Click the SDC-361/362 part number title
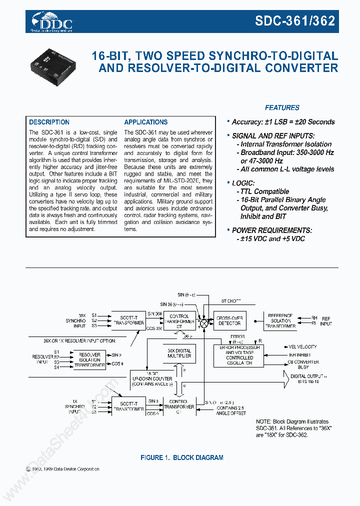(295, 20)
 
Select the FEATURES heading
(282, 107)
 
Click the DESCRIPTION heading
(49, 122)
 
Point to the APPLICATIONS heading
(145, 122)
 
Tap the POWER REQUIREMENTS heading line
(271, 230)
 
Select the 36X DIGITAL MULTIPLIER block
(179, 354)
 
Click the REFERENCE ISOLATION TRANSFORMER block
(280, 320)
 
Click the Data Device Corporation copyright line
(62, 469)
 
